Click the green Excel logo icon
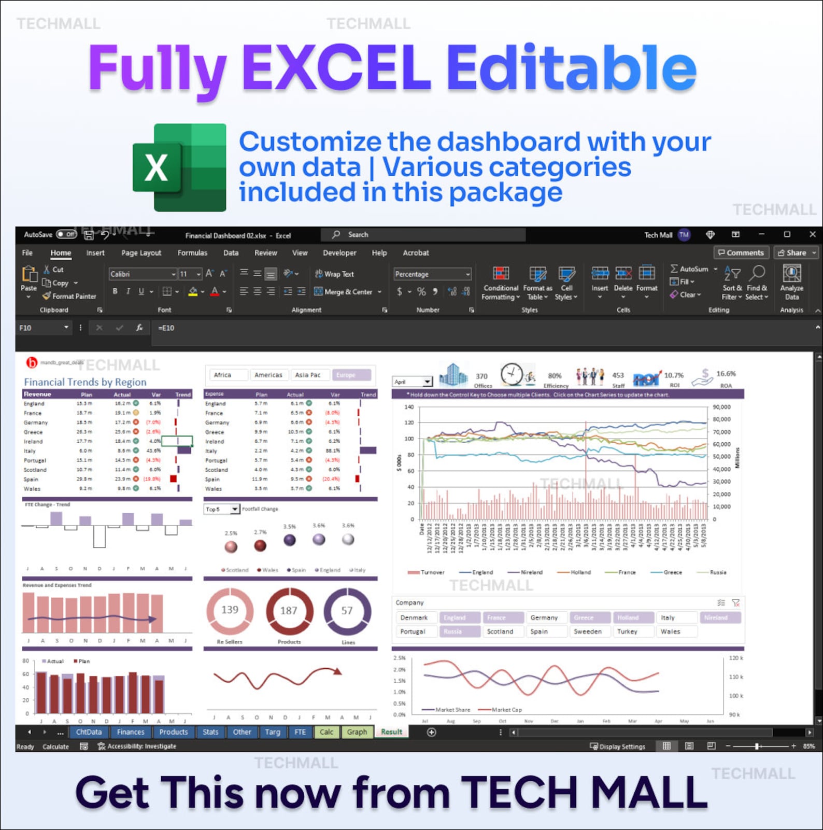(179, 167)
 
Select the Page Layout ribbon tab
(141, 253)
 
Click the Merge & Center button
(348, 292)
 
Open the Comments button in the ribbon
(741, 253)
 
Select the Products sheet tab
(173, 732)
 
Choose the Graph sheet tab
(357, 732)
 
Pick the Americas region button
(268, 375)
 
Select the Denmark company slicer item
(414, 617)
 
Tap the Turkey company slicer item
(627, 631)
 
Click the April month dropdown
(413, 382)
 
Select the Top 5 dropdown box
(221, 509)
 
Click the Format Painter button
(69, 297)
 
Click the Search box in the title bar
(423, 235)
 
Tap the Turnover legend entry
(427, 572)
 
